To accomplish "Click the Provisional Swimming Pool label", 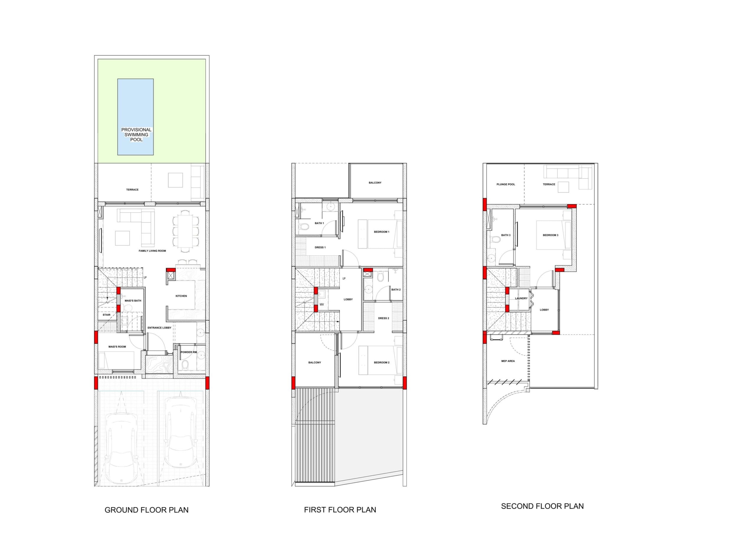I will (136, 135).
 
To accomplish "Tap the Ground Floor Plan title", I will (146, 510).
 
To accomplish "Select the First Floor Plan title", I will (340, 510).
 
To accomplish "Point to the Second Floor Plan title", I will (542, 506).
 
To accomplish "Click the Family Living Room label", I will (152, 251).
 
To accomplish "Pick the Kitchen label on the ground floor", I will (181, 296).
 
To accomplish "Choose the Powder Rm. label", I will (189, 352).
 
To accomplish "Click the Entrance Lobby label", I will (160, 328).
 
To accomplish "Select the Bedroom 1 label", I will (381, 232).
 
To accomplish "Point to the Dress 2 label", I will (383, 318).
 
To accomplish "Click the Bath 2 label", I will (396, 290).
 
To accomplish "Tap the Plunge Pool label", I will (506, 184).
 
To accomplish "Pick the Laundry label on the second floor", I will (521, 298).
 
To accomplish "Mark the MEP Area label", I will (508, 361).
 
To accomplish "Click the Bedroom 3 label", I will (550, 235).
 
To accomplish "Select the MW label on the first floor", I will (321, 305).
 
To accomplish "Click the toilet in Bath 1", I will (304, 226).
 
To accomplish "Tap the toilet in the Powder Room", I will (185, 364).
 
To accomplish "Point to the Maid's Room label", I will (117, 347).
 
